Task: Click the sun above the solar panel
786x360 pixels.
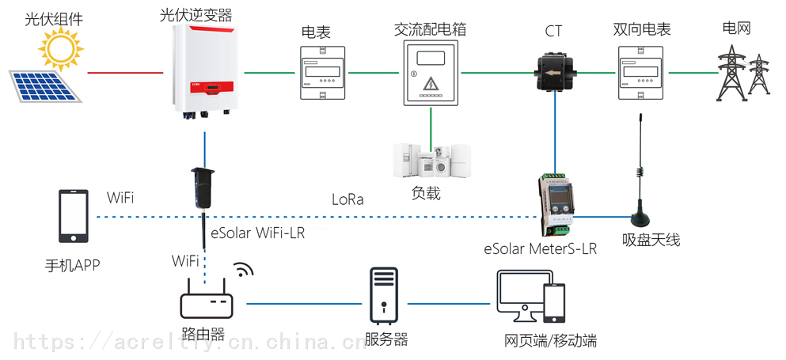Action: point(61,48)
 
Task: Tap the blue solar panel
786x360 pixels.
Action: point(45,86)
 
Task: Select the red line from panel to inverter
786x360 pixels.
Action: point(125,73)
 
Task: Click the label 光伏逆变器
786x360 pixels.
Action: point(196,16)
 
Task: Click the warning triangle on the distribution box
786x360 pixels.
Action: point(430,83)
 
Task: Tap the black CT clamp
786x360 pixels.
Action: point(555,74)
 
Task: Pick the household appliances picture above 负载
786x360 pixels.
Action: point(431,161)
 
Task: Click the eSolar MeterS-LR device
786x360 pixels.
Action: point(555,205)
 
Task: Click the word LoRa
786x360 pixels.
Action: point(347,199)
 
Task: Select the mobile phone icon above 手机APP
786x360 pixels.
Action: point(74,216)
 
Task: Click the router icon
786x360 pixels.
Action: point(207,300)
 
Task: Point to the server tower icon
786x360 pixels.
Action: point(384,295)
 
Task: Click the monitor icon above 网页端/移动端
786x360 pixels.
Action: point(524,297)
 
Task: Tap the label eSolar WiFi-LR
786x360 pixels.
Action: point(258,233)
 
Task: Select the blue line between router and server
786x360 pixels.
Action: point(303,303)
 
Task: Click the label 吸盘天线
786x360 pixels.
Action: point(651,241)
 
